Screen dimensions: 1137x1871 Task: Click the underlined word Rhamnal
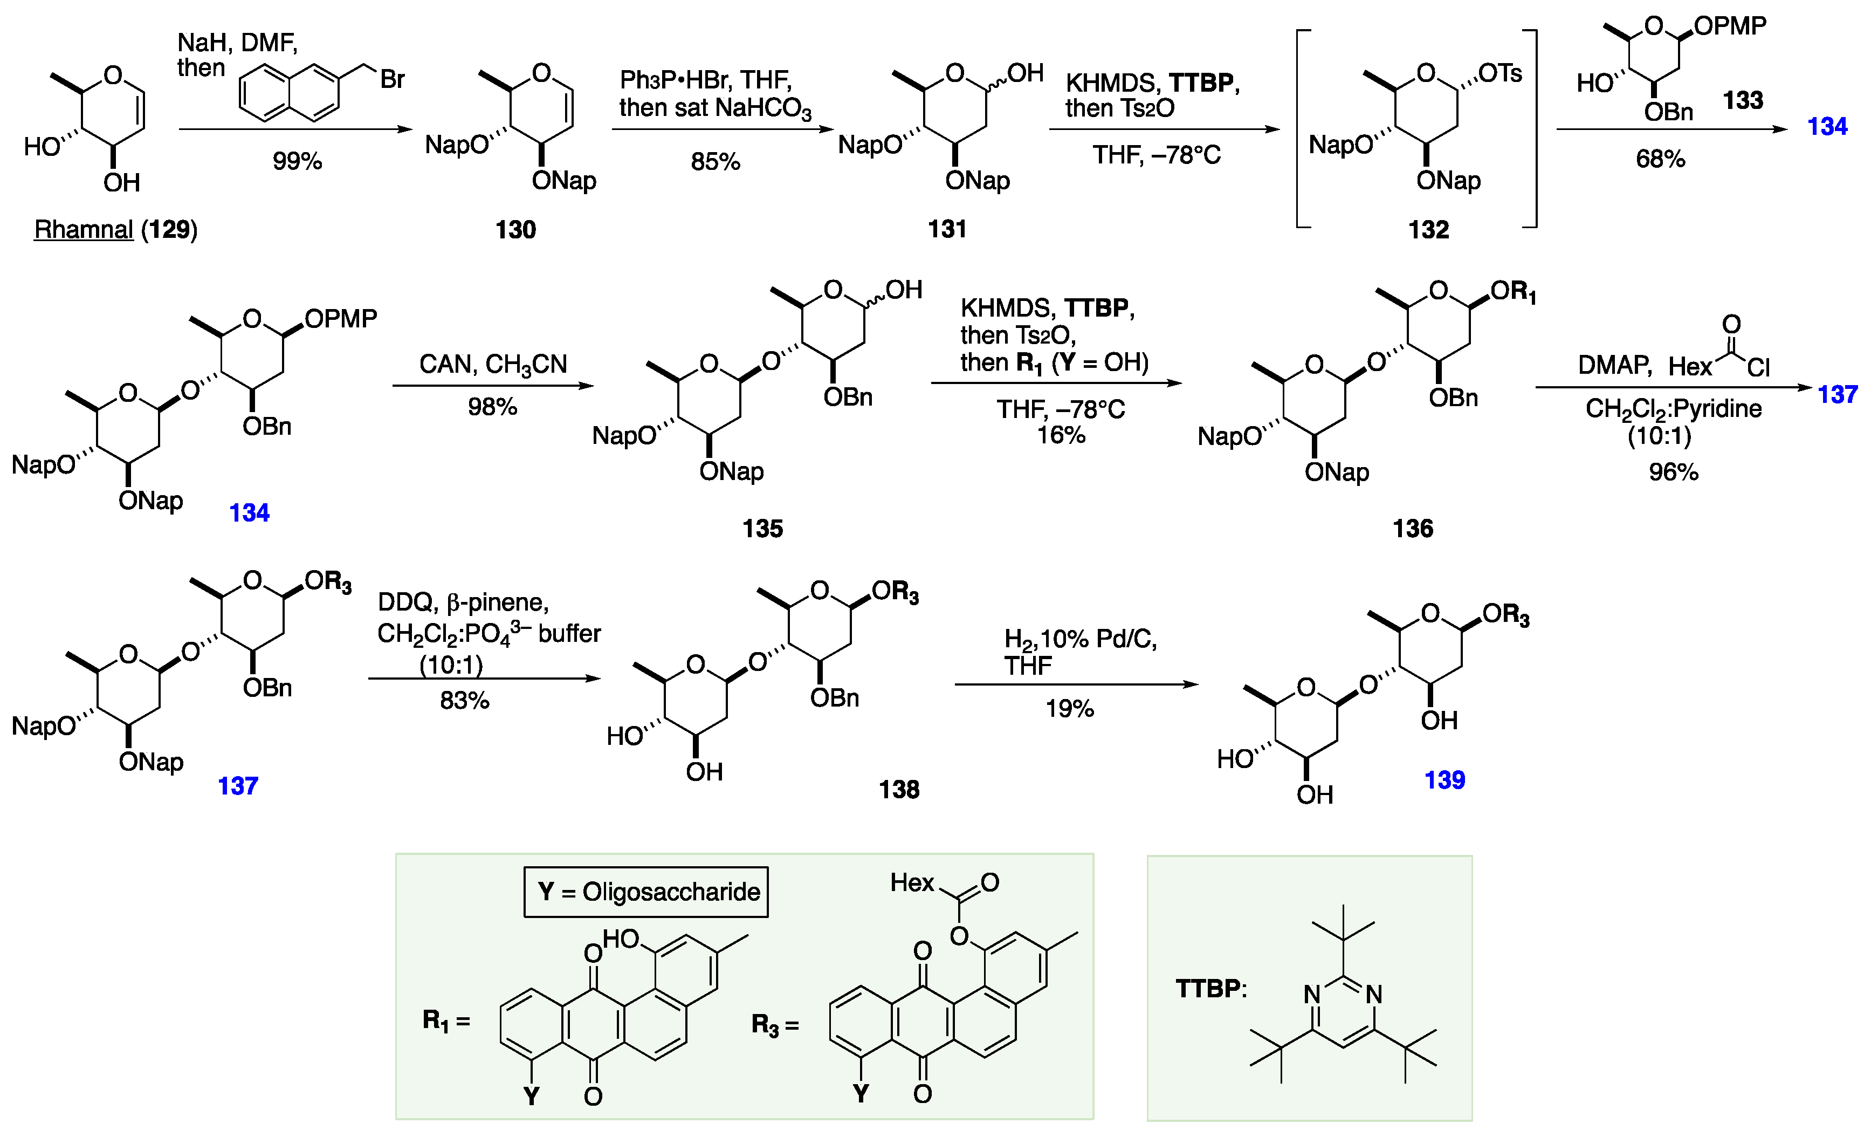coord(84,229)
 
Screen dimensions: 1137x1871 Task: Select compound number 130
coord(515,229)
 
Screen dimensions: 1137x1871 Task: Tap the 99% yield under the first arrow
coord(297,161)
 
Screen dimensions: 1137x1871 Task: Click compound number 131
coord(947,229)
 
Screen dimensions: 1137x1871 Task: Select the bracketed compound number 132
coord(1428,229)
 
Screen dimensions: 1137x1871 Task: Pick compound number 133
coord(1743,100)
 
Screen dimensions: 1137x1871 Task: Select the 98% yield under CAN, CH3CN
coord(492,407)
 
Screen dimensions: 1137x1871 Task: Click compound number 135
coord(762,529)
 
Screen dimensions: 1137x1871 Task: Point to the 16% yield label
coord(1061,435)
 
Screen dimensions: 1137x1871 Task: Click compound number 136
coord(1412,529)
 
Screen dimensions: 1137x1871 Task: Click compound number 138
coord(899,790)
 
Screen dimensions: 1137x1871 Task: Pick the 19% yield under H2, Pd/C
coord(1069,709)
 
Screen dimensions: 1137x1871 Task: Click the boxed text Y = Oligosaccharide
coord(646,892)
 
